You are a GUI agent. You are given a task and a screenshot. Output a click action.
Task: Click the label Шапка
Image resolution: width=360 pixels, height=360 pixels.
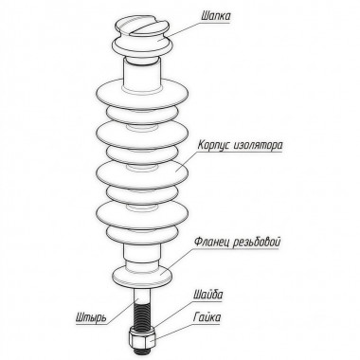(x=215, y=16)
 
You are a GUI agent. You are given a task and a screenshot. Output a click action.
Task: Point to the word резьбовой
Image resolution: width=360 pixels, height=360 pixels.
(x=257, y=243)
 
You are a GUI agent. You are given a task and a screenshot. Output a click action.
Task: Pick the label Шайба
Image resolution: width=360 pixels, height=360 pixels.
(x=207, y=295)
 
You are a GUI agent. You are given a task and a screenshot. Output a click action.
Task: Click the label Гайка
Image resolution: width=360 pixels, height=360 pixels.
(x=207, y=316)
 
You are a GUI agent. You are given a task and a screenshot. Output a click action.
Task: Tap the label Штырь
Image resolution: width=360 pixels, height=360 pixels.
(x=91, y=316)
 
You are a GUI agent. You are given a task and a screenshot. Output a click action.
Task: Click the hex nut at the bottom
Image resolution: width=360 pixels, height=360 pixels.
(x=142, y=338)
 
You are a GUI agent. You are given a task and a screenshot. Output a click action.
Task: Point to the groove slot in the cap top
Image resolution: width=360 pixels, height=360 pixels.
(x=145, y=27)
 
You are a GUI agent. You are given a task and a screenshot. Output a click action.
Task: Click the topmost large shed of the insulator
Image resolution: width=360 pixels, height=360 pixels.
(x=142, y=94)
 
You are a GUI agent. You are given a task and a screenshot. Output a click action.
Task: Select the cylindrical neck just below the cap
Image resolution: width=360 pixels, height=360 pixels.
(x=142, y=76)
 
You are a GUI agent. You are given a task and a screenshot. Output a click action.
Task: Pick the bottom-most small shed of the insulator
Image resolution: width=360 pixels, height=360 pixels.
(x=142, y=233)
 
